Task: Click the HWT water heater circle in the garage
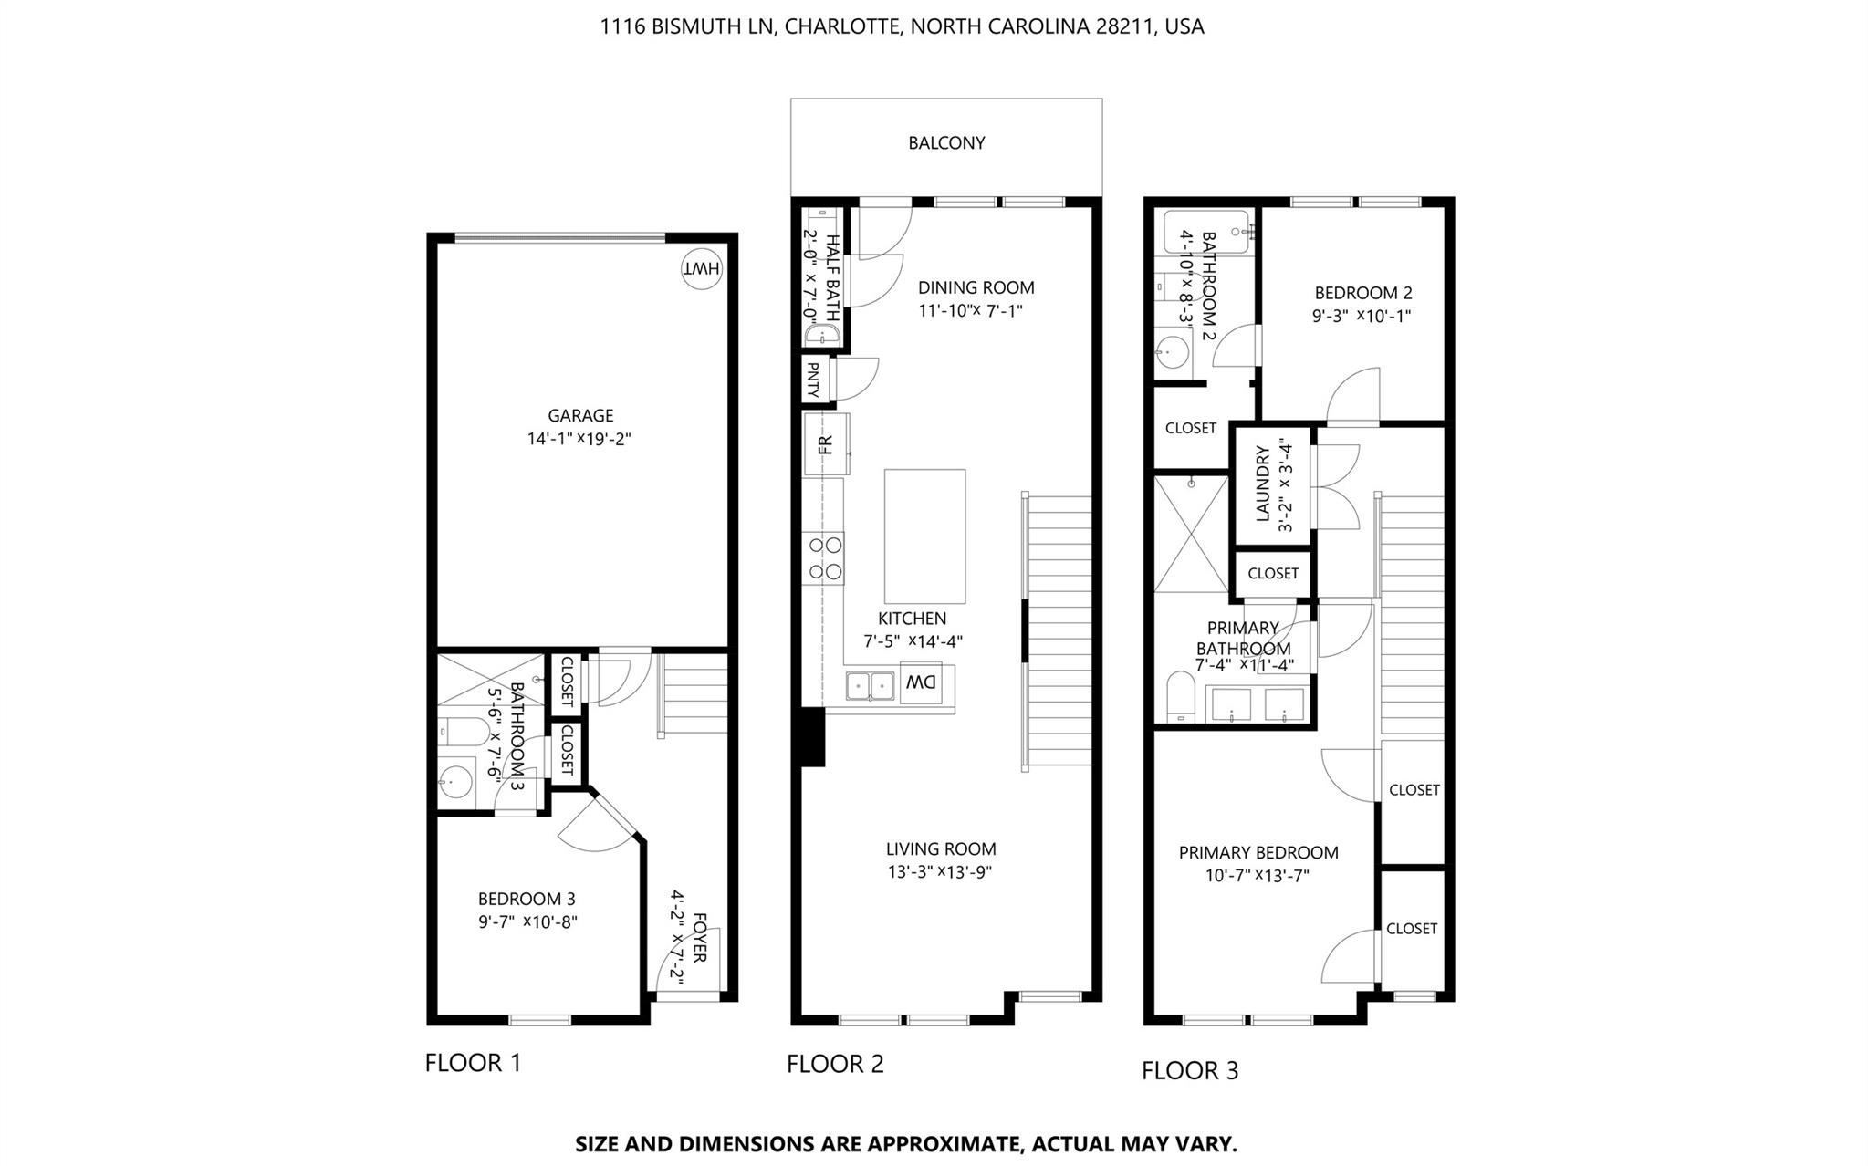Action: [x=702, y=268]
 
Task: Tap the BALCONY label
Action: [x=946, y=143]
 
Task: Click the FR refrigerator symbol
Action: [x=825, y=444]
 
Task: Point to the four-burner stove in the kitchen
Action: [x=825, y=558]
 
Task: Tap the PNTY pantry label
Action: [x=812, y=379]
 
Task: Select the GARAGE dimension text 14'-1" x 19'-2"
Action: [x=579, y=439]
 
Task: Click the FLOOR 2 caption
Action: [x=835, y=1064]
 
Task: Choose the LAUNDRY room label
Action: [x=1263, y=484]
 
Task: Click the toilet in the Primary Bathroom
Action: [x=1181, y=698]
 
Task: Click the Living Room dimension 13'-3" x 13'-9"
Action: [x=940, y=872]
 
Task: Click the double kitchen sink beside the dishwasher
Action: [x=870, y=685]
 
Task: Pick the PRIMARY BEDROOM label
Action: [x=1258, y=852]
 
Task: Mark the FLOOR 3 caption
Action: [x=1190, y=1070]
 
